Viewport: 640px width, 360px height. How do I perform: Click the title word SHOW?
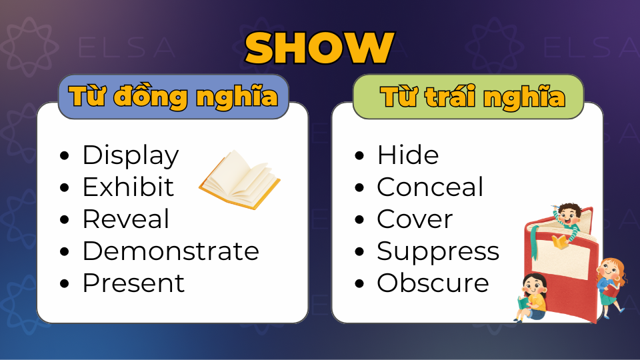(x=319, y=47)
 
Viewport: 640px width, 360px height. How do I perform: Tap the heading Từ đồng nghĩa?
(x=173, y=97)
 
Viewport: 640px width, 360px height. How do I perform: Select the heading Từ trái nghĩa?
(x=473, y=97)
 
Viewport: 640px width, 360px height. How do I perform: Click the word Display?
(x=131, y=155)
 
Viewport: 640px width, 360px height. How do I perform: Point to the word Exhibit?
(x=128, y=187)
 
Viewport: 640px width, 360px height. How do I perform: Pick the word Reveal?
(x=125, y=219)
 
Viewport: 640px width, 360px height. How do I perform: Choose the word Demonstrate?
(x=171, y=251)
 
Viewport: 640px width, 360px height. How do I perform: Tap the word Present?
(x=133, y=283)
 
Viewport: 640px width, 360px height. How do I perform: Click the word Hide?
(x=408, y=155)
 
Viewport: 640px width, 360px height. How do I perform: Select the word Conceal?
(x=430, y=187)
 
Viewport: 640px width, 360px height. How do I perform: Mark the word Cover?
(x=415, y=219)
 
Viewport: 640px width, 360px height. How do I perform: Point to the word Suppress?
(x=438, y=251)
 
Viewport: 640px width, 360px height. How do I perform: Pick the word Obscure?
(x=433, y=283)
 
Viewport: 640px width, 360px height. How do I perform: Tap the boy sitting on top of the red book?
(x=566, y=223)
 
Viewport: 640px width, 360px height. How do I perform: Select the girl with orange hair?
(x=611, y=280)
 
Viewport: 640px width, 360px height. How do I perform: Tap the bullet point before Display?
(x=65, y=157)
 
